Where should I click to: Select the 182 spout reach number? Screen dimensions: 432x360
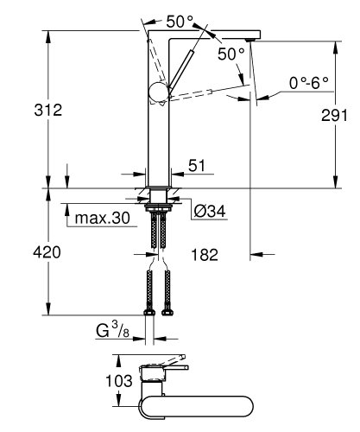[204, 255]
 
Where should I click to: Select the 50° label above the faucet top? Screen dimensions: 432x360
[180, 23]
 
